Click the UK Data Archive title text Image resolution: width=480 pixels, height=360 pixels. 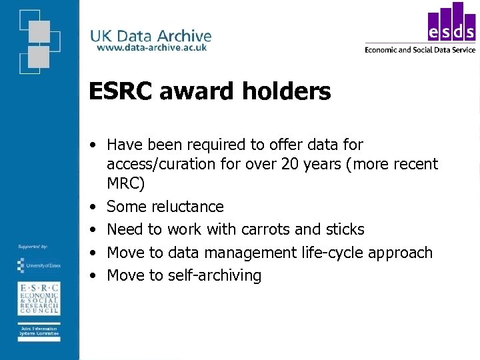[151, 36]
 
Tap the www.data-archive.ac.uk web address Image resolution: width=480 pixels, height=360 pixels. [151, 48]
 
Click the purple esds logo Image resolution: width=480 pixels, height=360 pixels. [451, 23]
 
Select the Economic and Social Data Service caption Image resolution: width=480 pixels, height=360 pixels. [420, 49]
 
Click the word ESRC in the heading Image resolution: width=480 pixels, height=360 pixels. [121, 91]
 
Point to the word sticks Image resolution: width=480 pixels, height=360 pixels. [344, 229]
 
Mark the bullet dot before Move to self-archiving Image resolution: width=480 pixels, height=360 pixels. [96, 276]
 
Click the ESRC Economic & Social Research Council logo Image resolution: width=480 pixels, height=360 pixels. [38, 297]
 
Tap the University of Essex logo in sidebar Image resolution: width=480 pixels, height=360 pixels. [38, 265]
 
